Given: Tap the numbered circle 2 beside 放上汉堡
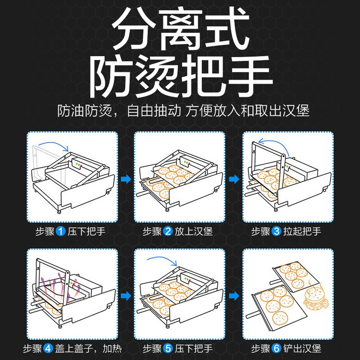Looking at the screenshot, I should [x=168, y=232].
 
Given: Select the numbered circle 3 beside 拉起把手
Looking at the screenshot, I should [x=276, y=232].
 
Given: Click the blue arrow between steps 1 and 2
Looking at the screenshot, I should [x=126, y=179].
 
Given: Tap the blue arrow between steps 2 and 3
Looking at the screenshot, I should [x=234, y=179].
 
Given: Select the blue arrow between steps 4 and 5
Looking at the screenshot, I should [x=126, y=296].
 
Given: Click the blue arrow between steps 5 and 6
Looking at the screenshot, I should [x=234, y=296].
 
